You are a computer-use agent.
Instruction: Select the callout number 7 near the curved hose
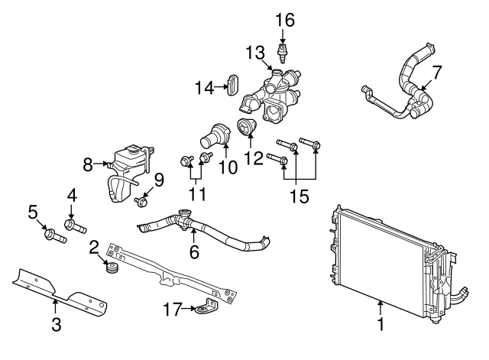coord(436,73)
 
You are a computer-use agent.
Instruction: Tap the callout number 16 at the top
coord(284,18)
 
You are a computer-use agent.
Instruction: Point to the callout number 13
coord(255,52)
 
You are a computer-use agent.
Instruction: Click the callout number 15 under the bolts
coord(299,196)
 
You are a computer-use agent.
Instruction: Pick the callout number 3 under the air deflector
coord(56,323)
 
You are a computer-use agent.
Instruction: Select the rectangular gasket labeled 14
coord(233,87)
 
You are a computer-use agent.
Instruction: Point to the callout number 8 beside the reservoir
coord(88,163)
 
